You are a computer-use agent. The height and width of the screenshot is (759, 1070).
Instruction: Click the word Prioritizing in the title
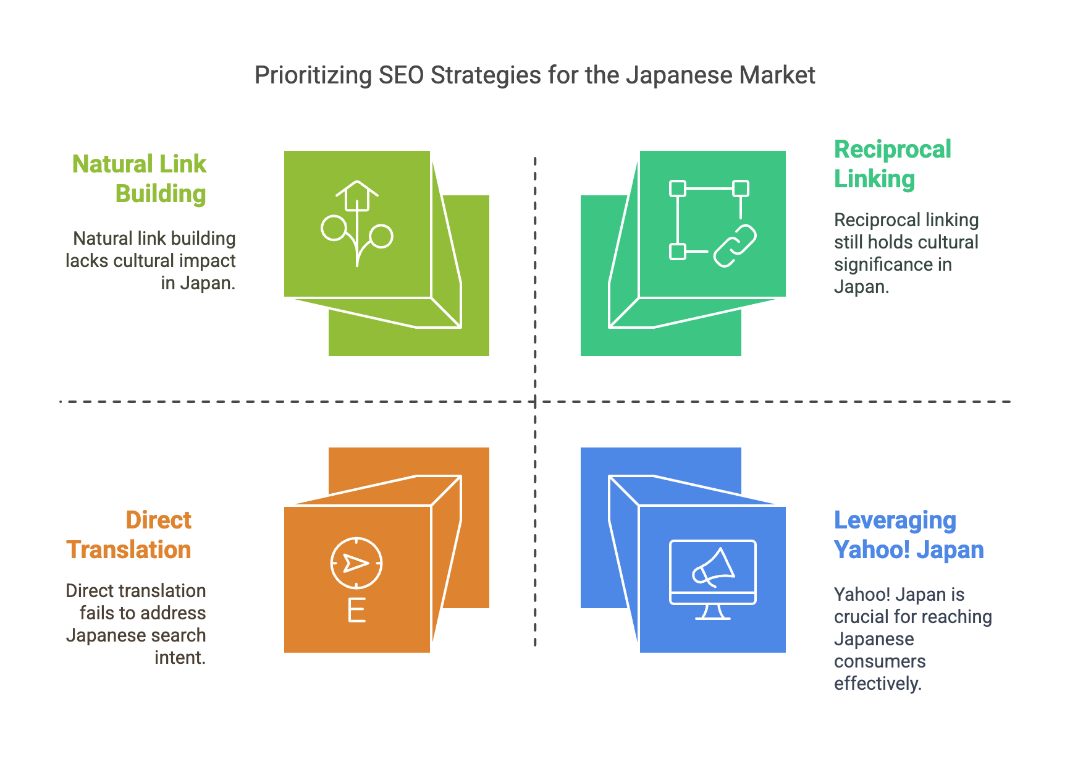click(313, 75)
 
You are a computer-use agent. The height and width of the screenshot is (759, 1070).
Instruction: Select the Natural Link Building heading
click(139, 179)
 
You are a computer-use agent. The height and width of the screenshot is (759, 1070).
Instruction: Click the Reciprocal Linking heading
click(893, 164)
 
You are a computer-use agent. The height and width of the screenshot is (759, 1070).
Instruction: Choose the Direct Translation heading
click(129, 535)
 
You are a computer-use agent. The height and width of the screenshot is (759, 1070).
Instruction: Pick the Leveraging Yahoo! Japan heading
click(909, 535)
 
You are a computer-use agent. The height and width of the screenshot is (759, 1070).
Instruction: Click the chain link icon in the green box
click(735, 245)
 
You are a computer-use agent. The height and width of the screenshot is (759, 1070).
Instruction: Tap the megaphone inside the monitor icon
click(714, 567)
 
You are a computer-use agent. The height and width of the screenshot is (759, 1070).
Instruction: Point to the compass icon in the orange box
click(356, 563)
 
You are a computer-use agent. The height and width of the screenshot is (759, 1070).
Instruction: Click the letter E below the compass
click(356, 610)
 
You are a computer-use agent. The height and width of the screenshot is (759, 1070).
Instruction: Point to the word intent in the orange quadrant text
click(180, 658)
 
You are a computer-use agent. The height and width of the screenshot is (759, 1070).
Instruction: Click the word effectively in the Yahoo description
click(877, 684)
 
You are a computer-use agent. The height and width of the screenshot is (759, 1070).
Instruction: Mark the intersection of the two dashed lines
click(535, 402)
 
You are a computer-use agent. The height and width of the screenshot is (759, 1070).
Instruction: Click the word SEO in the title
click(401, 75)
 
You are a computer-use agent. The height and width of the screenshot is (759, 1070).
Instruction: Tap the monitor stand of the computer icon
click(713, 612)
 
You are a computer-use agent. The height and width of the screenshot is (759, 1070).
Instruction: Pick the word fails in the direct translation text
click(98, 613)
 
